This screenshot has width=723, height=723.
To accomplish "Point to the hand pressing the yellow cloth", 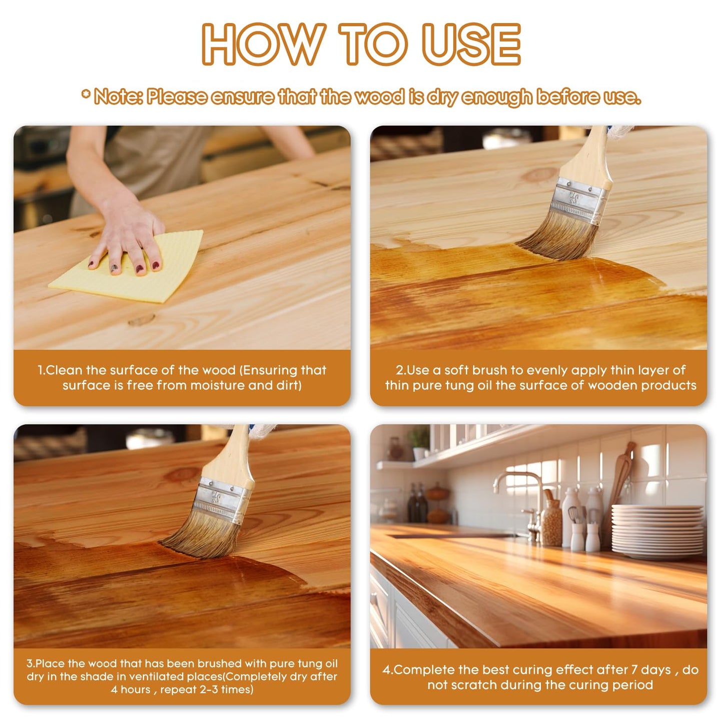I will [128, 235].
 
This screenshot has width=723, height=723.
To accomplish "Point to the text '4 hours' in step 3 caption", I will [131, 689].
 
